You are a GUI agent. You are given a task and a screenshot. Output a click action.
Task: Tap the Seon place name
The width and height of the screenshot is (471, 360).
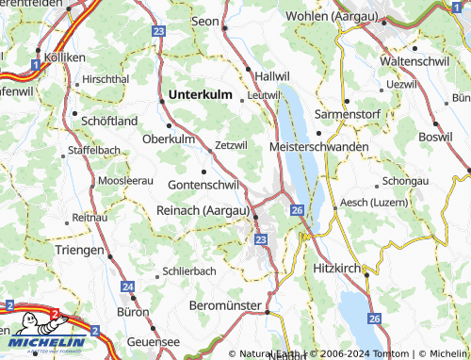(204, 20)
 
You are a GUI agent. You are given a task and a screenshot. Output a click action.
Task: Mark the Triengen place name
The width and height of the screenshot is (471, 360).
(79, 250)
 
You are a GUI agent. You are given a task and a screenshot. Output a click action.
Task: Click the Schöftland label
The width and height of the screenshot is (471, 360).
(110, 121)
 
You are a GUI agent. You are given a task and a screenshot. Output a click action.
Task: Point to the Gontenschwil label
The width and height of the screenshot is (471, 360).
(203, 185)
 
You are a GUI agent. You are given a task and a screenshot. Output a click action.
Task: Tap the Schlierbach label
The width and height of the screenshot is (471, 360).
(189, 270)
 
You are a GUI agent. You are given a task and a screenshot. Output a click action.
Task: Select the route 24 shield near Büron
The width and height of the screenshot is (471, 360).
(128, 286)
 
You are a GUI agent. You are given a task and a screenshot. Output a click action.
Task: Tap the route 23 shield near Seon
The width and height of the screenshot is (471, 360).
(158, 31)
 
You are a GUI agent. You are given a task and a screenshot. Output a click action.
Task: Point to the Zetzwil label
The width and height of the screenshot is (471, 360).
(231, 145)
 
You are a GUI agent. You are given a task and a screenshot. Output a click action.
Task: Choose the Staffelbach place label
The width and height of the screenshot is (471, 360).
(93, 150)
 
